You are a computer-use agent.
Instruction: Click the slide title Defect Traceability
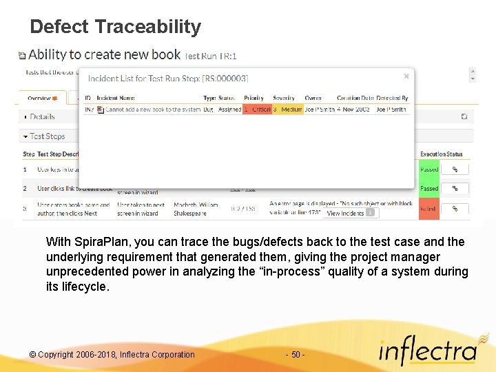(115, 27)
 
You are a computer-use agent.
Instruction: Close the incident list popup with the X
(406, 76)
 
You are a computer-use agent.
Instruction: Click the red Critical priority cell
(257, 110)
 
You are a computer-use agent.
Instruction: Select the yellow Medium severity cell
(287, 110)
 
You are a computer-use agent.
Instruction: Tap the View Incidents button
(350, 213)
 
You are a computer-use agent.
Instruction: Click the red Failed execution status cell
(428, 208)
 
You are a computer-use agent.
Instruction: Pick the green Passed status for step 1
(428, 169)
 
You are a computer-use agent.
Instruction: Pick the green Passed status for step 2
(428, 188)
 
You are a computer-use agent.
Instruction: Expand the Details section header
(41, 117)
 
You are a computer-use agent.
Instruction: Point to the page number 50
(295, 355)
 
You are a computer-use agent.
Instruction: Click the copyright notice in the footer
(112, 355)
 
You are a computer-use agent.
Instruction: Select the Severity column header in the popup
(283, 99)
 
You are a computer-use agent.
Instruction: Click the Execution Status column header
(441, 154)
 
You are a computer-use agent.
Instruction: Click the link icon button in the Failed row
(455, 208)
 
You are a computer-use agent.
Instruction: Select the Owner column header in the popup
(313, 99)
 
